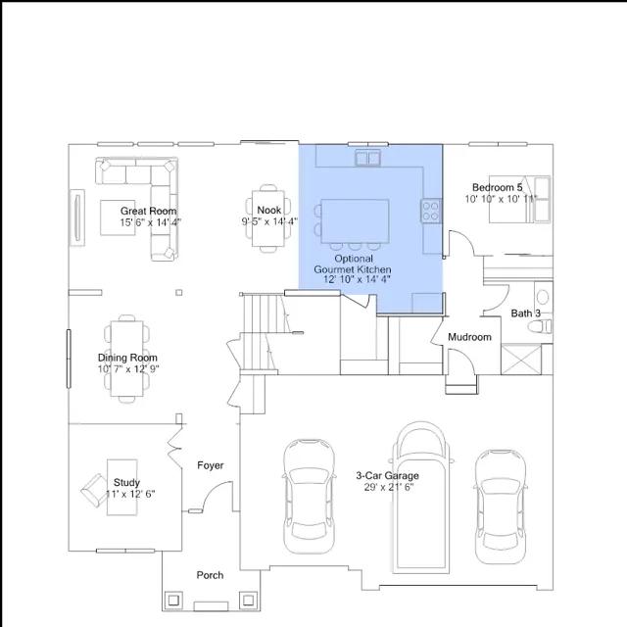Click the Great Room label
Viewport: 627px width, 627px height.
(x=148, y=211)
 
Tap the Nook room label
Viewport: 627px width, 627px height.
(x=268, y=210)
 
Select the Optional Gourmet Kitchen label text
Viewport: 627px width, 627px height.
(x=353, y=264)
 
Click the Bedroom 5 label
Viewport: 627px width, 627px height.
(x=497, y=187)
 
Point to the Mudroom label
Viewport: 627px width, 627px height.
(x=469, y=337)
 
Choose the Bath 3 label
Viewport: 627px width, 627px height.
(x=525, y=313)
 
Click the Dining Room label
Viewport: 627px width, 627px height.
(x=127, y=358)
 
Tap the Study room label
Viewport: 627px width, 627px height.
(x=126, y=482)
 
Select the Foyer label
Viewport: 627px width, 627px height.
(x=211, y=465)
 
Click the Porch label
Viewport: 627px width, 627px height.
(x=210, y=575)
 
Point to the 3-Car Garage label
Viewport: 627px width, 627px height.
(x=388, y=475)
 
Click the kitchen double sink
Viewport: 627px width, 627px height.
(x=368, y=158)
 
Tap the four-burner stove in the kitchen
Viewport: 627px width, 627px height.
(x=431, y=211)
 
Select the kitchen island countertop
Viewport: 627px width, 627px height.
(x=355, y=221)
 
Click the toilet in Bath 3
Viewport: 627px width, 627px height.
(x=540, y=326)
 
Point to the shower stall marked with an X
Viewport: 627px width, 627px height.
(x=521, y=360)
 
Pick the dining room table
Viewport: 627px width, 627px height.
(x=126, y=359)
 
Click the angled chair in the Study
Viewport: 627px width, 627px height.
(x=94, y=490)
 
